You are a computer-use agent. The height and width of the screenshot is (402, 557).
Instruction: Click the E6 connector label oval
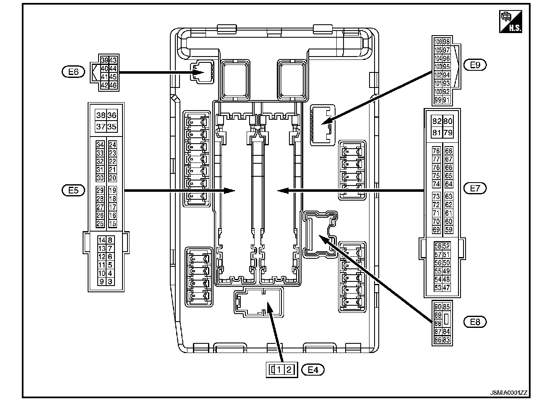click(x=73, y=72)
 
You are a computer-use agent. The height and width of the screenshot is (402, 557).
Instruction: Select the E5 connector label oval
click(x=73, y=191)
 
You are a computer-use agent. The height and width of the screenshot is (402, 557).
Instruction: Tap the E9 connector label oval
click(x=475, y=65)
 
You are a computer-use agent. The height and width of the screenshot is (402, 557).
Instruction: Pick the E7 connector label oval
click(x=475, y=188)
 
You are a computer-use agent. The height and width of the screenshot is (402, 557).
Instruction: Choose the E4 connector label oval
click(x=313, y=370)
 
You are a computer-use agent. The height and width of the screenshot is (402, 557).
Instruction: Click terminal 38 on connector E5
click(x=101, y=116)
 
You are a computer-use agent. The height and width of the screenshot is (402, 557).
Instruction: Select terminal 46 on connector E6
click(x=113, y=85)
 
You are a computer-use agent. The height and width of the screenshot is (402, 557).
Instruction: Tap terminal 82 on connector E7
click(x=437, y=121)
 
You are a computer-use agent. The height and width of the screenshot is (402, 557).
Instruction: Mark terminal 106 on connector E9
click(x=438, y=42)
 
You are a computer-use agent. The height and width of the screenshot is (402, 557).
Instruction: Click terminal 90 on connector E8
click(x=438, y=307)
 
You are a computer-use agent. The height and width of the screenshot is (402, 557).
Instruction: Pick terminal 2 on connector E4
click(x=289, y=370)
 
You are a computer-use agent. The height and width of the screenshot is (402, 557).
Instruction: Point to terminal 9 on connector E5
click(x=101, y=282)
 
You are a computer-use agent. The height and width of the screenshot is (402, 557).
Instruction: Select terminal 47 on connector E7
click(x=446, y=288)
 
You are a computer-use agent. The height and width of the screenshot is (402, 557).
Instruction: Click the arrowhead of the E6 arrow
click(x=199, y=72)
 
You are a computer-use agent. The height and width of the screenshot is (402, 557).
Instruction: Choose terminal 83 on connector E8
click(x=446, y=340)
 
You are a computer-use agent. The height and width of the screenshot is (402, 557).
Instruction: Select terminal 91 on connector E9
click(x=446, y=100)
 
